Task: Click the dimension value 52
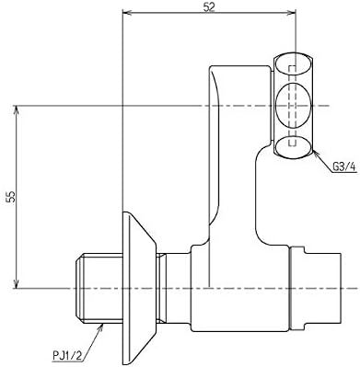(209, 7)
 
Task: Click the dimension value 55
(11, 197)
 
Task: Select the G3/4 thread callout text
(343, 167)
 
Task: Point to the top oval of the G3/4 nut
(293, 63)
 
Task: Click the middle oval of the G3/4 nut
(294, 105)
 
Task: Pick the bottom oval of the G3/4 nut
(293, 147)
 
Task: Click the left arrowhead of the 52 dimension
(127, 13)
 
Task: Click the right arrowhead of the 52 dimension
(291, 13)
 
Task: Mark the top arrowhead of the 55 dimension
(17, 110)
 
